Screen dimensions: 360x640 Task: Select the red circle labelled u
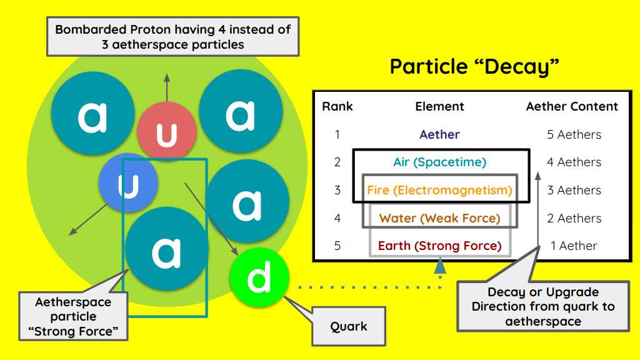167,132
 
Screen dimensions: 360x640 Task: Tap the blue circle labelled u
127,182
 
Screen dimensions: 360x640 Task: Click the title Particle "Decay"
474,66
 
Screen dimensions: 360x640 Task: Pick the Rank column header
337,107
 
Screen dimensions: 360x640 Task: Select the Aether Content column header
572,107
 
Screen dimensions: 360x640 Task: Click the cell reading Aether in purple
439,134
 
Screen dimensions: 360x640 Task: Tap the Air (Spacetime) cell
439,162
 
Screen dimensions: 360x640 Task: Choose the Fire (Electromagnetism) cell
439,190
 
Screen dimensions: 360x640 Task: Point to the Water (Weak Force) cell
439,218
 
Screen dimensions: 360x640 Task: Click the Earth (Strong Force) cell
439,246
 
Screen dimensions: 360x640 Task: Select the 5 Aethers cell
574,134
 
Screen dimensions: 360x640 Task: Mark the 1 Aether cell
574,246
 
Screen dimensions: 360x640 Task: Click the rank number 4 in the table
337,218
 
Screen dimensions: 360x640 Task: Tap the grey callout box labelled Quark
349,326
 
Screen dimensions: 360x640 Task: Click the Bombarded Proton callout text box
173,37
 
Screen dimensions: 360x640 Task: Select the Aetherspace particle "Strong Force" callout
73,316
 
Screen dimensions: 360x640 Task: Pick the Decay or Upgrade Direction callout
542,306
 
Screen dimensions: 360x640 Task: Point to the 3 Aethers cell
574,190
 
